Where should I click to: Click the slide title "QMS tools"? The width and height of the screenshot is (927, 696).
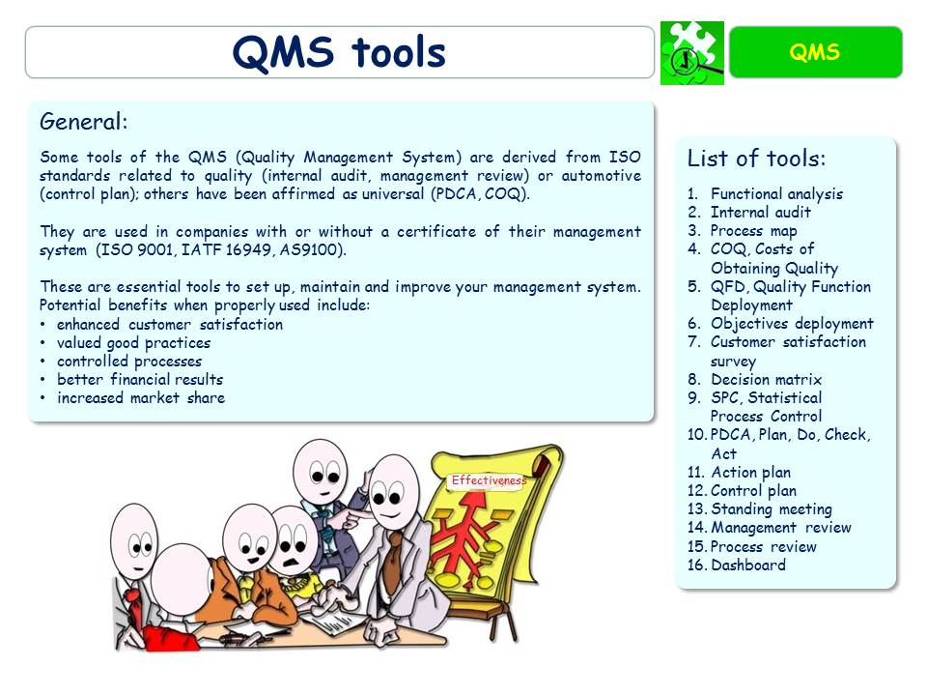point(339,53)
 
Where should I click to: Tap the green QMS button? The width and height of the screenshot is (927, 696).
point(815,52)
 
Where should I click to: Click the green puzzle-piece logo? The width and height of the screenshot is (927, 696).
point(691,53)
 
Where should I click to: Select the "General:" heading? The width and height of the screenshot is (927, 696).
point(84,122)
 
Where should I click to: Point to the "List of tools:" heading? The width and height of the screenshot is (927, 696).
point(756,159)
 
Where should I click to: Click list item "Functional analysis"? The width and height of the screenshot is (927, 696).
point(776,193)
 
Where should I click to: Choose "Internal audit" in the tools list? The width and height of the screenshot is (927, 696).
point(761,212)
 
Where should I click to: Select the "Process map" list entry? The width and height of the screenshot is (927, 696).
point(753,230)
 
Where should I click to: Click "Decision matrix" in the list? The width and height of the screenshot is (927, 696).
point(767,379)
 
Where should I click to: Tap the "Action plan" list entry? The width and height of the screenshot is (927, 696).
point(750,472)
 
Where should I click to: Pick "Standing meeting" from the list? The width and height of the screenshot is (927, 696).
point(771,508)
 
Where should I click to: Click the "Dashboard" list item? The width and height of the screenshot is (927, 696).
point(748,565)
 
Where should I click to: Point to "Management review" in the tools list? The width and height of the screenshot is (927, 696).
point(781,527)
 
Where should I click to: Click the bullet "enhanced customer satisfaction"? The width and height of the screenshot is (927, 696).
point(170,324)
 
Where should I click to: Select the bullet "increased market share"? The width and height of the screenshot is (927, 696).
point(141,397)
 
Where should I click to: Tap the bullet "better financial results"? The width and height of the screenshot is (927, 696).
point(140,379)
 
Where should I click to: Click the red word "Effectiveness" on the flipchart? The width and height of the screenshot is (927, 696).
point(489,480)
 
